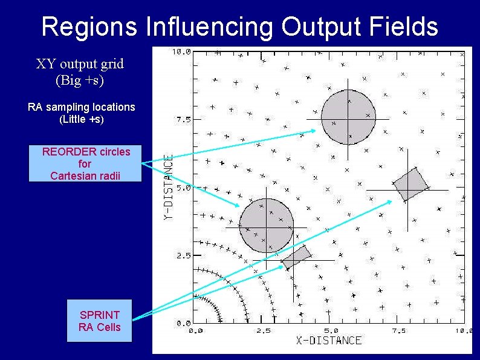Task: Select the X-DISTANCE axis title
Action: coord(329,340)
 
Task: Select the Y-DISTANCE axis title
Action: coord(170,188)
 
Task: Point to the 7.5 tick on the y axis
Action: coord(184,119)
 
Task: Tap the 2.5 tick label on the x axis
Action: coord(263,331)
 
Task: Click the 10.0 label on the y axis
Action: coord(181,52)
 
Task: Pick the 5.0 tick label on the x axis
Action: coord(330,331)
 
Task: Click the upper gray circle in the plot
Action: coord(348,117)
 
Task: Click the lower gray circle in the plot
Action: coord(266,226)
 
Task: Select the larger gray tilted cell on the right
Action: coord(410,184)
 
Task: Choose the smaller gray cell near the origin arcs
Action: coord(296,257)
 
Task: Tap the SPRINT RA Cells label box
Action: coord(100,321)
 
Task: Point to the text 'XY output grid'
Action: coord(80,64)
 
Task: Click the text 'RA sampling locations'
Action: coord(82,107)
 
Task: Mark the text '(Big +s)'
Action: coord(80,79)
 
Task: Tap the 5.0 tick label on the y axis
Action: coord(184,188)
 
